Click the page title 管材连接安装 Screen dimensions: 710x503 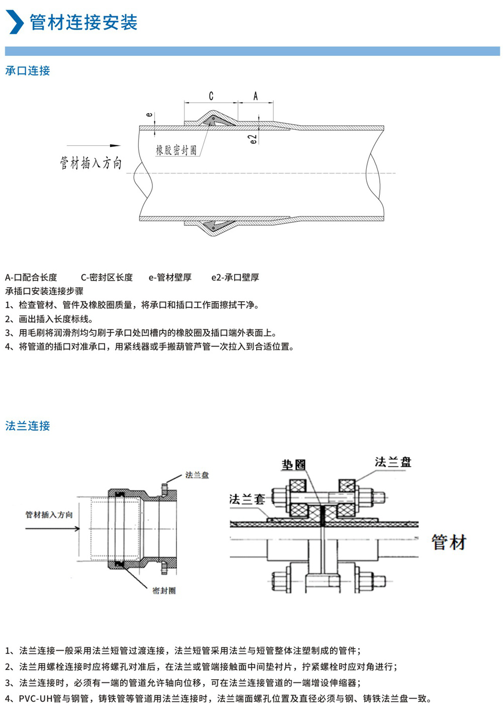pyautogui.click(x=83, y=23)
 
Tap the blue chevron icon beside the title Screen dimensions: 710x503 pyautogui.click(x=15, y=22)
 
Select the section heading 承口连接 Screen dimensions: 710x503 pyautogui.click(x=28, y=71)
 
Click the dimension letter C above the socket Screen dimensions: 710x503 pyautogui.click(x=211, y=96)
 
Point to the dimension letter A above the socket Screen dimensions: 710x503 pyautogui.click(x=256, y=96)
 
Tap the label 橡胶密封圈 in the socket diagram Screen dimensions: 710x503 pyautogui.click(x=176, y=150)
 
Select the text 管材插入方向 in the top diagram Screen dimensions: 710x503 pyautogui.click(x=91, y=162)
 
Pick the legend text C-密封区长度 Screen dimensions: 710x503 pyautogui.click(x=107, y=278)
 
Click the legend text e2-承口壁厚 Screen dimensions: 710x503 pyautogui.click(x=235, y=278)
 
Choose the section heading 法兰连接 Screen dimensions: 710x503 pyautogui.click(x=28, y=426)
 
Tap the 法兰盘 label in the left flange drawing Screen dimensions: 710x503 pyautogui.click(x=197, y=475)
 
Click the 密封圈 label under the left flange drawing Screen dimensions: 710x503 pyautogui.click(x=164, y=591)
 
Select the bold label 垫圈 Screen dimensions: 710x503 pyautogui.click(x=293, y=465)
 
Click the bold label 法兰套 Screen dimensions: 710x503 pyautogui.click(x=247, y=499)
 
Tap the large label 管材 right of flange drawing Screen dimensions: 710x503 pyautogui.click(x=449, y=543)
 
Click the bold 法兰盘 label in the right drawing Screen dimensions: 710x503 pyautogui.click(x=393, y=462)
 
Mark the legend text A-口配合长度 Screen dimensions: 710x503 pyautogui.click(x=31, y=278)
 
